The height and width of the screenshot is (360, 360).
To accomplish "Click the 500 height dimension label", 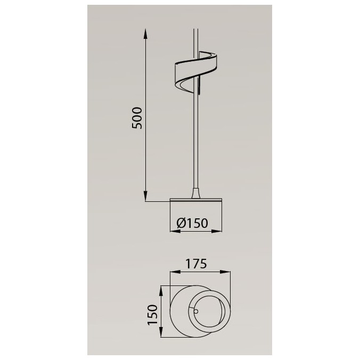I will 137,117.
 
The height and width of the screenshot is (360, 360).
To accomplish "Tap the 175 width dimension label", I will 196,263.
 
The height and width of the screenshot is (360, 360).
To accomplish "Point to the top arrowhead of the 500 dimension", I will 146,32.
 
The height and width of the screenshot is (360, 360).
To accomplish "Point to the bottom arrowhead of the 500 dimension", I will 146,198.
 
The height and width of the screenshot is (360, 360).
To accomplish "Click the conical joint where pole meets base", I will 197,193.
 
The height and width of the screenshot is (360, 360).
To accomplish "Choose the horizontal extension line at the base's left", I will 158,202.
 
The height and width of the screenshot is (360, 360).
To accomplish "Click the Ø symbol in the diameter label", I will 180,223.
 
